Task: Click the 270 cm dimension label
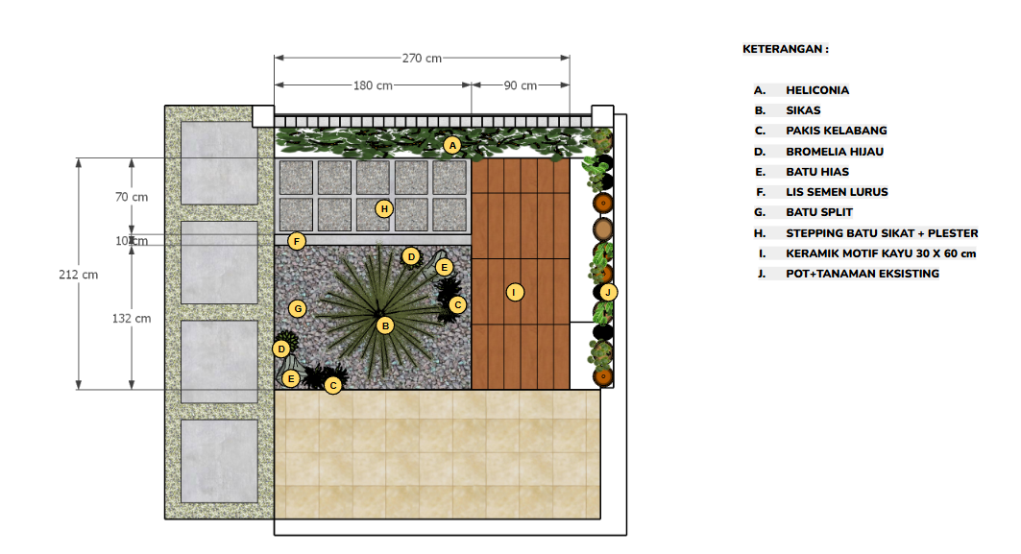tap(422, 58)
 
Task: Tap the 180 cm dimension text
tap(373, 85)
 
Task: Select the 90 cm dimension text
tap(521, 85)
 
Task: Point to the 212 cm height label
tap(78, 275)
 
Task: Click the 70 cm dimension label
tap(132, 197)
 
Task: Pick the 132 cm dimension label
tap(132, 319)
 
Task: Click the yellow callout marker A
tap(452, 145)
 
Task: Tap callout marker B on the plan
tap(385, 325)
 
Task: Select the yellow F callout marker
tap(297, 242)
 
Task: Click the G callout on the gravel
tap(298, 308)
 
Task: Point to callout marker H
tap(384, 208)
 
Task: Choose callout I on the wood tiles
tap(515, 292)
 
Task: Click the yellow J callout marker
tap(608, 292)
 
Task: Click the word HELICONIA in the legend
tap(817, 90)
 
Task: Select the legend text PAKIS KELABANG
tap(836, 131)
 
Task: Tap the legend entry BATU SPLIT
tap(819, 212)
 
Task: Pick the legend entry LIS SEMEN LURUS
tap(837, 192)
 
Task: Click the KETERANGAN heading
tap(786, 49)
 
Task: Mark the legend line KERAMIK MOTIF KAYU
tap(881, 253)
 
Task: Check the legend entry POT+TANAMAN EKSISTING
tap(863, 274)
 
